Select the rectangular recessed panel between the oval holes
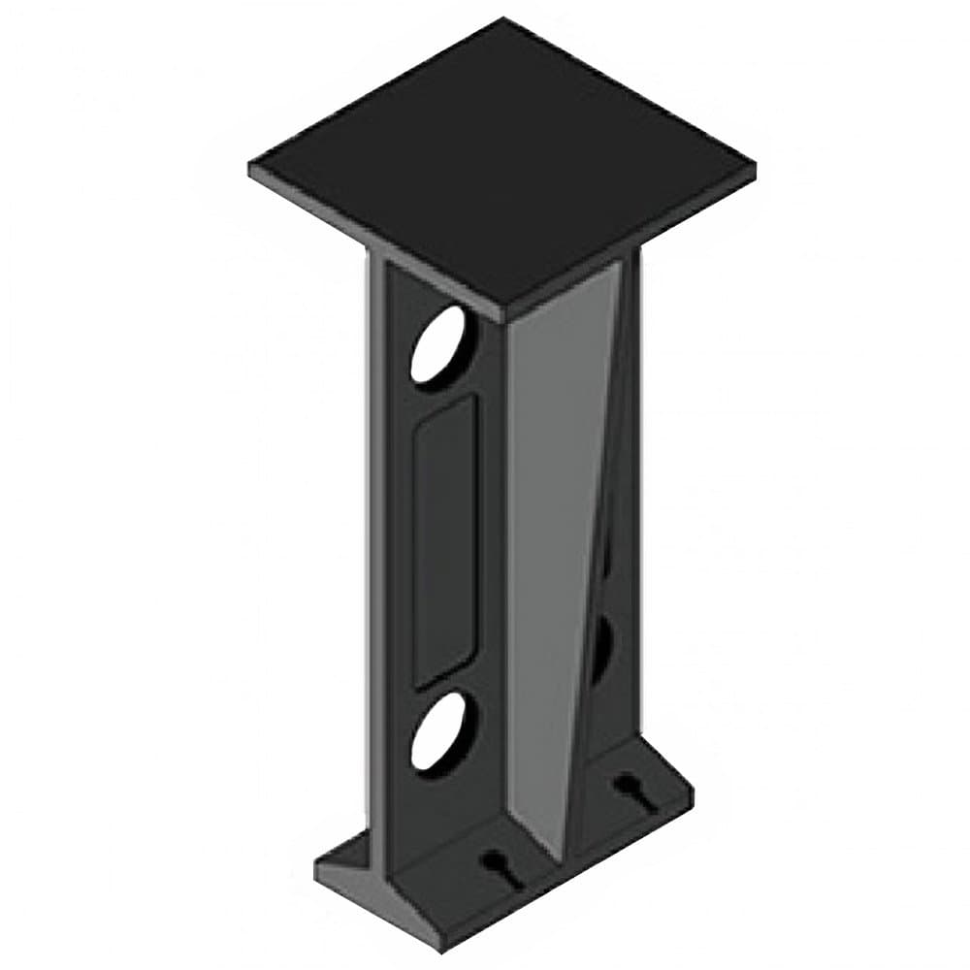click(x=444, y=539)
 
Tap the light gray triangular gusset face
click(x=558, y=543)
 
